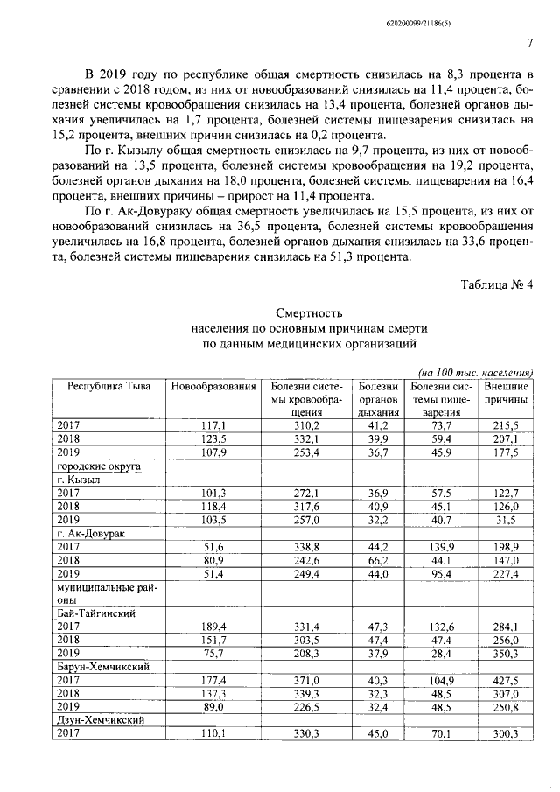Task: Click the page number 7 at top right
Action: click(530, 45)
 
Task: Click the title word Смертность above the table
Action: click(303, 313)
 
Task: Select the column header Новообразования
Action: click(214, 387)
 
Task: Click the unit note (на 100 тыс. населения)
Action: click(477, 371)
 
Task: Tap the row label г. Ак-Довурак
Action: click(91, 531)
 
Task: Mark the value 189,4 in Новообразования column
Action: click(214, 627)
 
